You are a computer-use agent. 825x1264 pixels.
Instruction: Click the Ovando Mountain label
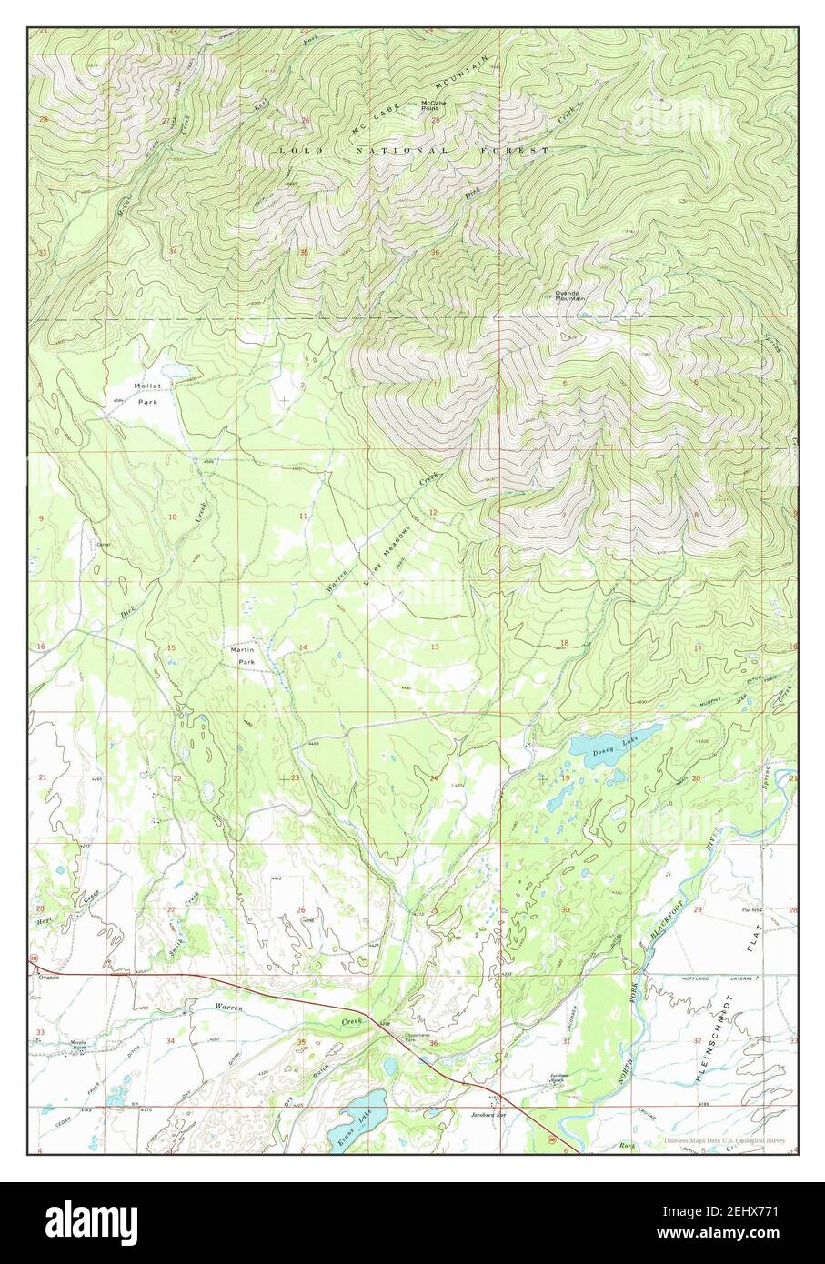click(x=570, y=296)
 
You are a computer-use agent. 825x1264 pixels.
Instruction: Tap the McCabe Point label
click(x=433, y=106)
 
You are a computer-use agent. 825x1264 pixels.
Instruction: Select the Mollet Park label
click(x=147, y=394)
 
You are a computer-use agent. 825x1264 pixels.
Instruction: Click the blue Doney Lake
click(x=593, y=748)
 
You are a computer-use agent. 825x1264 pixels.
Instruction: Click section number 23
click(x=293, y=778)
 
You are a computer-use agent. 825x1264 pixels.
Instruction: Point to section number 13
click(x=435, y=647)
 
